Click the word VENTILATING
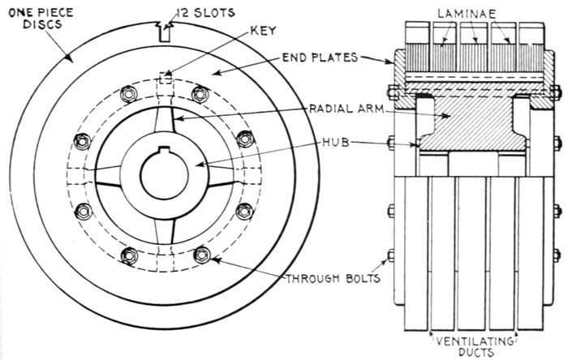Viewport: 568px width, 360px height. [x=470, y=336]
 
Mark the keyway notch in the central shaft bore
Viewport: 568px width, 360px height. [x=166, y=151]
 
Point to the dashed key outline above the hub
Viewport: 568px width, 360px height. [x=166, y=79]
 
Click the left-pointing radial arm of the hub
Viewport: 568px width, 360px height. [x=118, y=172]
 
